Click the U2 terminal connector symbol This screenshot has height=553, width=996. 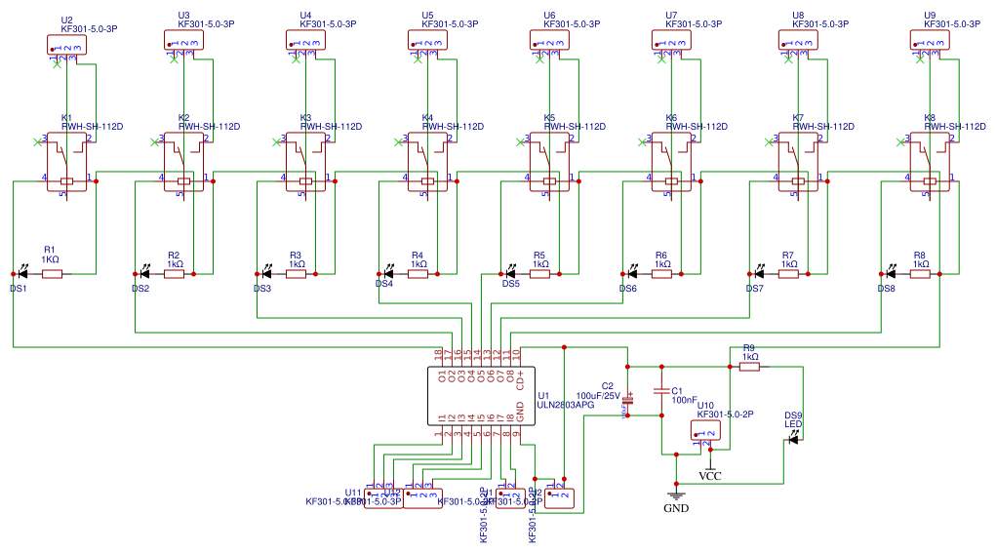click(65, 45)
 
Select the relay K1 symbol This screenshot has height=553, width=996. click(66, 164)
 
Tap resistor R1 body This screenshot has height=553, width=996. click(52, 274)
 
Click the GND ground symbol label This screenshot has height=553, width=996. click(676, 508)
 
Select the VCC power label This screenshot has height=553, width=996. click(710, 476)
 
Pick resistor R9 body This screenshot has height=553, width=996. click(750, 367)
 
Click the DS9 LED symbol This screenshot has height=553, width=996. click(793, 439)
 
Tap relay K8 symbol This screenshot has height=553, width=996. click(929, 164)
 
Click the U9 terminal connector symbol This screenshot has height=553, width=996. click(929, 39)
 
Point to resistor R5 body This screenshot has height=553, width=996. click(539, 274)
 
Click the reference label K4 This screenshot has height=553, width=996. click(426, 117)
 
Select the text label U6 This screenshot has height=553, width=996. click(549, 16)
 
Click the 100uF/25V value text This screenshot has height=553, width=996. click(598, 396)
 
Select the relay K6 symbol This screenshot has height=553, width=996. click(670, 164)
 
